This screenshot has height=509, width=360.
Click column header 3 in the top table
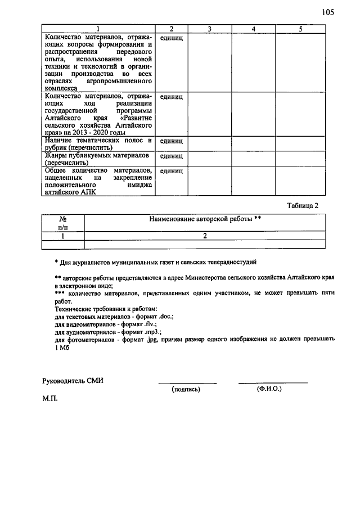[x=209, y=29]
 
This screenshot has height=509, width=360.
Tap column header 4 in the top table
[x=254, y=29]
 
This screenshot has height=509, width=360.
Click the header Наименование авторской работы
[x=205, y=218]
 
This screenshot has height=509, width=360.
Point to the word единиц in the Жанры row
[x=172, y=156]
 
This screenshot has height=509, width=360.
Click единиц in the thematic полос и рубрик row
[x=172, y=141]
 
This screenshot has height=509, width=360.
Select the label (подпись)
[x=186, y=389]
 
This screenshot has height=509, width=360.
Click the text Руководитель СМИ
[x=73, y=381]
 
